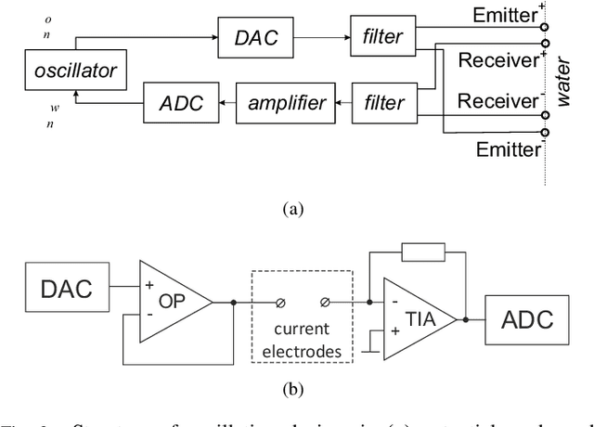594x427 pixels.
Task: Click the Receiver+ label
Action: [497, 61]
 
